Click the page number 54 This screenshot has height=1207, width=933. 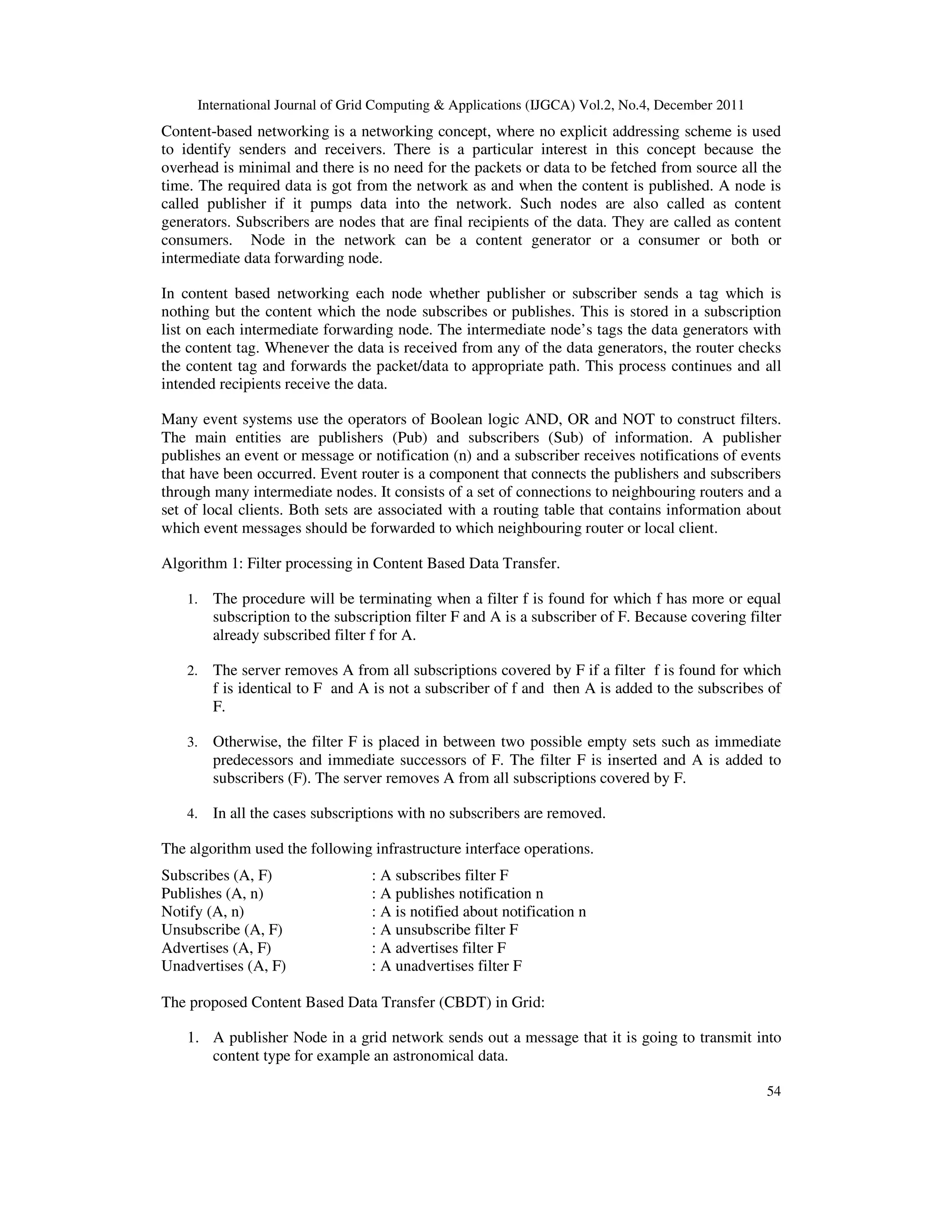pos(773,1091)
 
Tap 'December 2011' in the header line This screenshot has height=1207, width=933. pos(699,105)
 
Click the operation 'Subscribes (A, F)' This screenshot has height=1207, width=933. pos(217,875)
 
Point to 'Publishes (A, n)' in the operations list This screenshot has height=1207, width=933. pos(212,894)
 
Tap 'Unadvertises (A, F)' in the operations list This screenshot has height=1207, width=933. pos(223,966)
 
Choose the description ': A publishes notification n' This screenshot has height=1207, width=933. pos(457,894)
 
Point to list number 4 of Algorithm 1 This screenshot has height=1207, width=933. pos(192,814)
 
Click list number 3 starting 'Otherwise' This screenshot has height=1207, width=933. pos(192,742)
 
